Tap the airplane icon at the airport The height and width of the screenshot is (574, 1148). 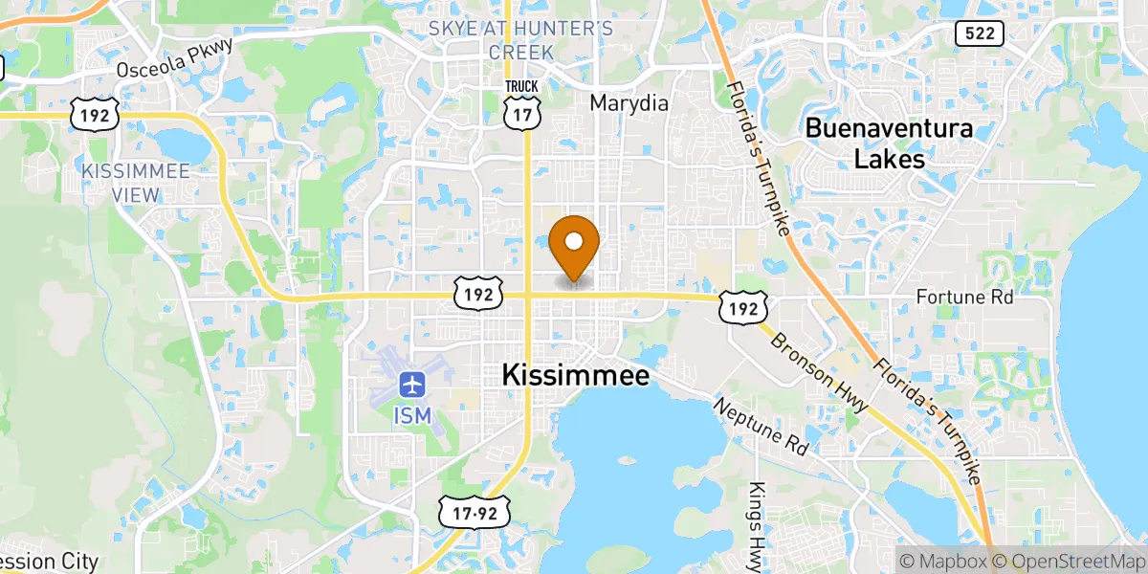[x=412, y=386]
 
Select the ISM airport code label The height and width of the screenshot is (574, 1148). [x=412, y=415]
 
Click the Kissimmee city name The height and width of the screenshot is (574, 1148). [x=576, y=375]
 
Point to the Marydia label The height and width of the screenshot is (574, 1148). [x=629, y=103]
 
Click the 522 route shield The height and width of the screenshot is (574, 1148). [x=979, y=33]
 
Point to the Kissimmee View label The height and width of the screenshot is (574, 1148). [x=136, y=182]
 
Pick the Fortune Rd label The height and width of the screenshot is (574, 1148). [x=964, y=298]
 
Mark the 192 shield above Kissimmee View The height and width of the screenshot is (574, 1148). [x=95, y=114]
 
